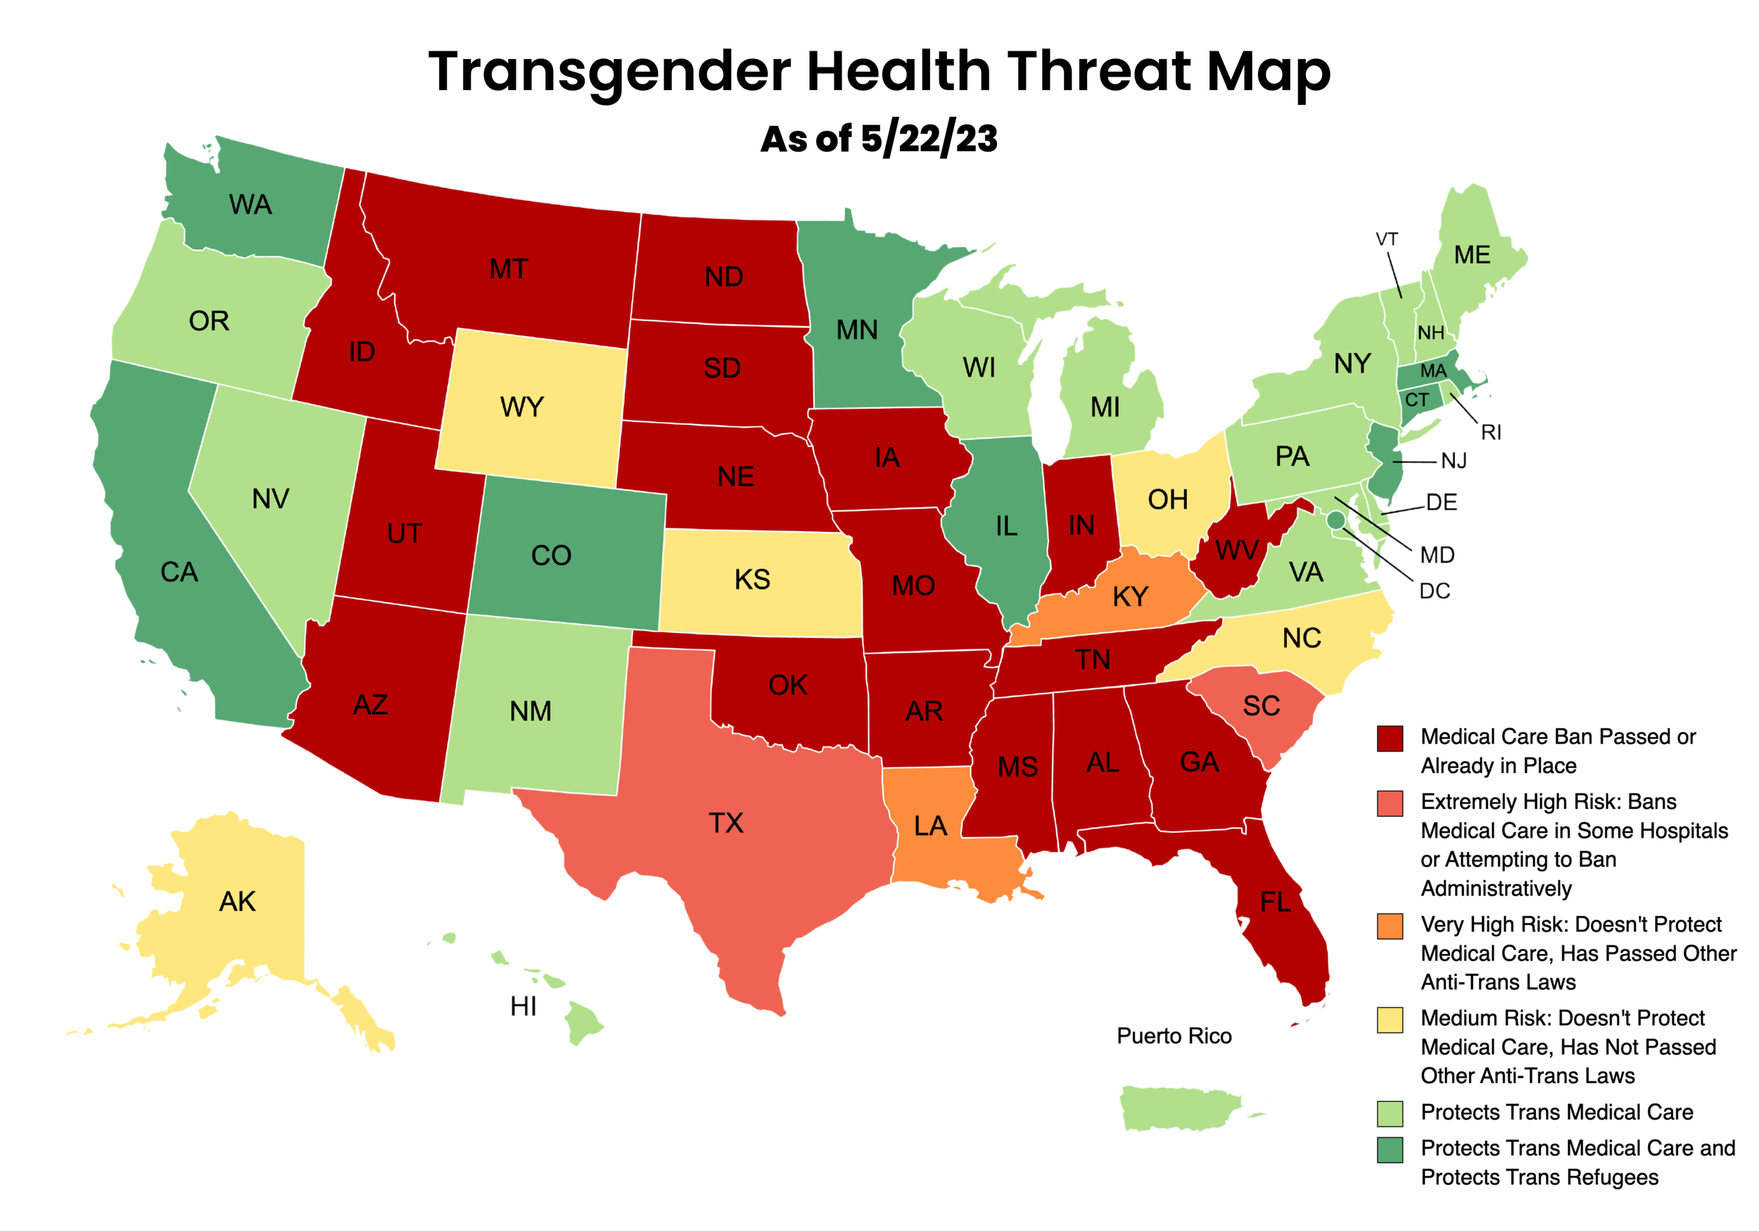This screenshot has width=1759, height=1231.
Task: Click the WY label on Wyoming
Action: point(522,407)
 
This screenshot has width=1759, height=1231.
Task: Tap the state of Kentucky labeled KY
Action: point(1130,597)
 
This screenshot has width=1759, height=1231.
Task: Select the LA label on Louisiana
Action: point(931,826)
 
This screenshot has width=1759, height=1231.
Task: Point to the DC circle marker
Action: point(1335,520)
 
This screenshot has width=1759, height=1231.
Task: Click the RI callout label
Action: point(1491,433)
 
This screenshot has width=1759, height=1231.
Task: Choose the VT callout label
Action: point(1386,239)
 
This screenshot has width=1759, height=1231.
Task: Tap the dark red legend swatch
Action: point(1390,739)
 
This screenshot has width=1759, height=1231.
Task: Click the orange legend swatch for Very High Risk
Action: point(1390,925)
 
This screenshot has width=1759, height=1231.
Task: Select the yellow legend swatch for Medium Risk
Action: point(1390,1019)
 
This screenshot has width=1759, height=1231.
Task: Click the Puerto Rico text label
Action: point(1174,1035)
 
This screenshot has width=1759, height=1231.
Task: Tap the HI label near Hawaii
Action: point(523,1007)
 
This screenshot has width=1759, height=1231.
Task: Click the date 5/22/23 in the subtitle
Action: point(929,139)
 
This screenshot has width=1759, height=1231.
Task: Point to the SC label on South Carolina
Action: point(1261,706)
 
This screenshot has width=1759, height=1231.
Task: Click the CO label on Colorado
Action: point(551,556)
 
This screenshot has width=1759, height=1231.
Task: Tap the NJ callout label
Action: point(1454,461)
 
